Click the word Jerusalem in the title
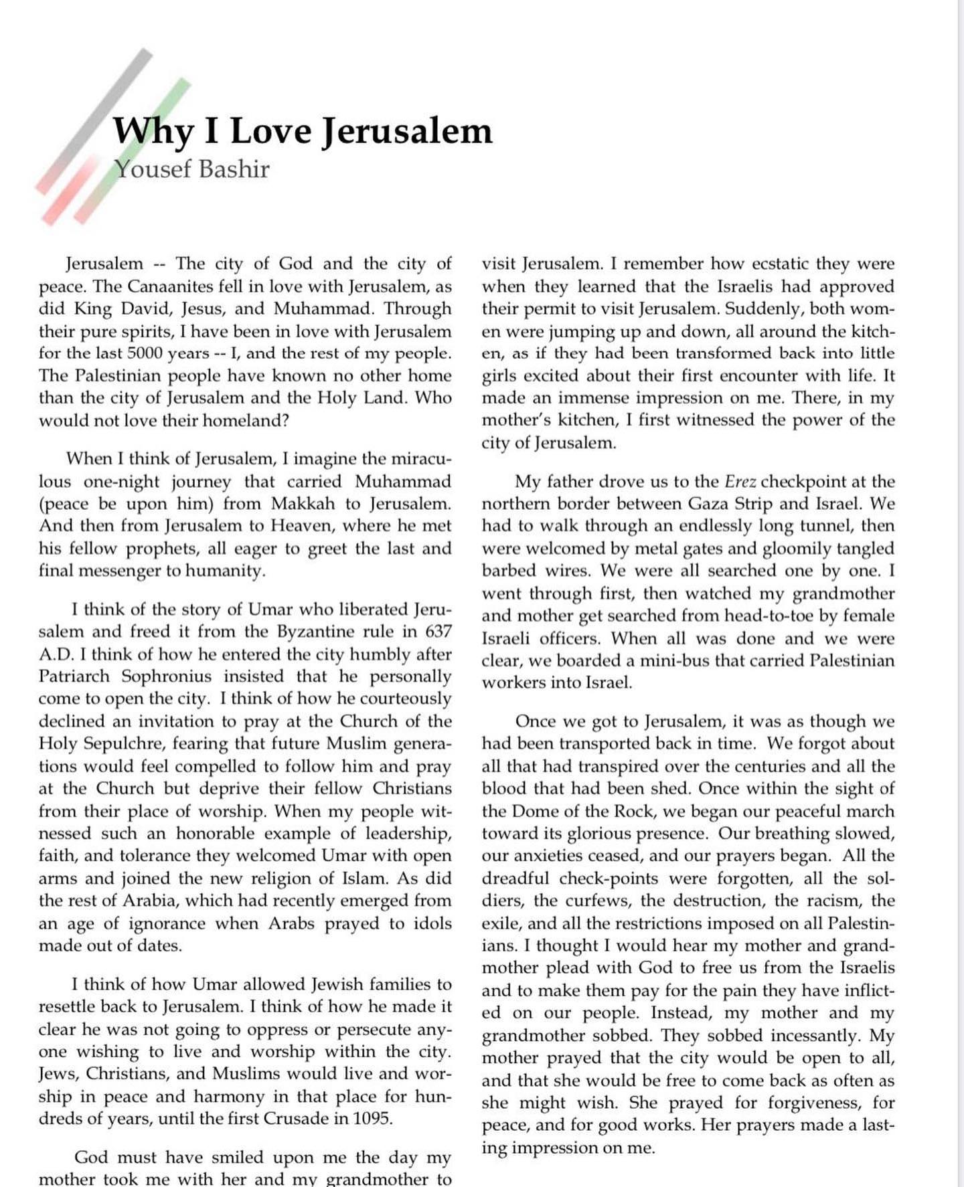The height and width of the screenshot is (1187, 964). coord(407,131)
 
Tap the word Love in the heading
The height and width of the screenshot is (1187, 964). coord(270,131)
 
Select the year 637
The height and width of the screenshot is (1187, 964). coord(438,632)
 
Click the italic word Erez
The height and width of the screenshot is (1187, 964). coord(740,482)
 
